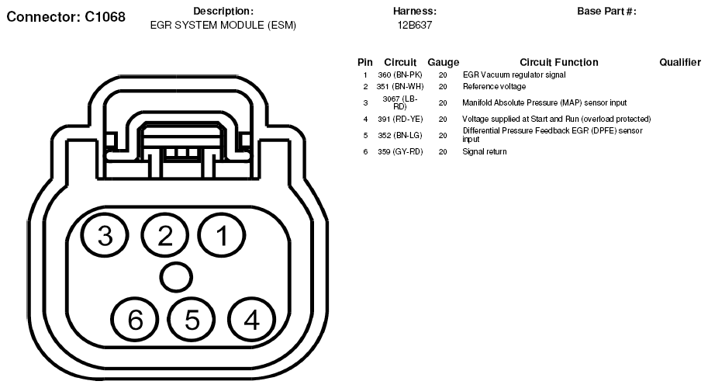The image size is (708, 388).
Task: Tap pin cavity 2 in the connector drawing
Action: [165, 236]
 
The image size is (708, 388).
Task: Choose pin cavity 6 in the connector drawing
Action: [135, 318]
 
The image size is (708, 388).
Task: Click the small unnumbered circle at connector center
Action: [177, 277]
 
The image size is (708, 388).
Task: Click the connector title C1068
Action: [66, 16]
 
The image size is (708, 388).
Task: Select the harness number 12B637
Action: [415, 25]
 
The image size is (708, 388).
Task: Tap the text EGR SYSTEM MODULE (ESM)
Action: [223, 25]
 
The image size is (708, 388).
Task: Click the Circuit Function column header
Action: [558, 62]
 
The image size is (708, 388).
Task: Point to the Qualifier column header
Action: [680, 62]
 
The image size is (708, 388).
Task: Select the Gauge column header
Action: [443, 62]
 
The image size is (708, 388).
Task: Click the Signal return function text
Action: [485, 151]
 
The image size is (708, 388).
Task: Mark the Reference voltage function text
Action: [494, 86]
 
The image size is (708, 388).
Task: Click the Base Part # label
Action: [606, 12]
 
